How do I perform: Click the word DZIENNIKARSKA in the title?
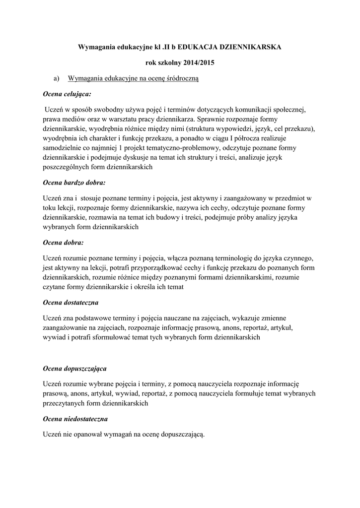pyautogui.click(x=250, y=47)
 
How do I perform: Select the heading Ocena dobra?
pyautogui.click(x=63, y=243)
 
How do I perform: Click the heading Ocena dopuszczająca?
pyautogui.click(x=74, y=369)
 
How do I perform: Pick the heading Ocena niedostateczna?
pyautogui.click(x=74, y=419)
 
